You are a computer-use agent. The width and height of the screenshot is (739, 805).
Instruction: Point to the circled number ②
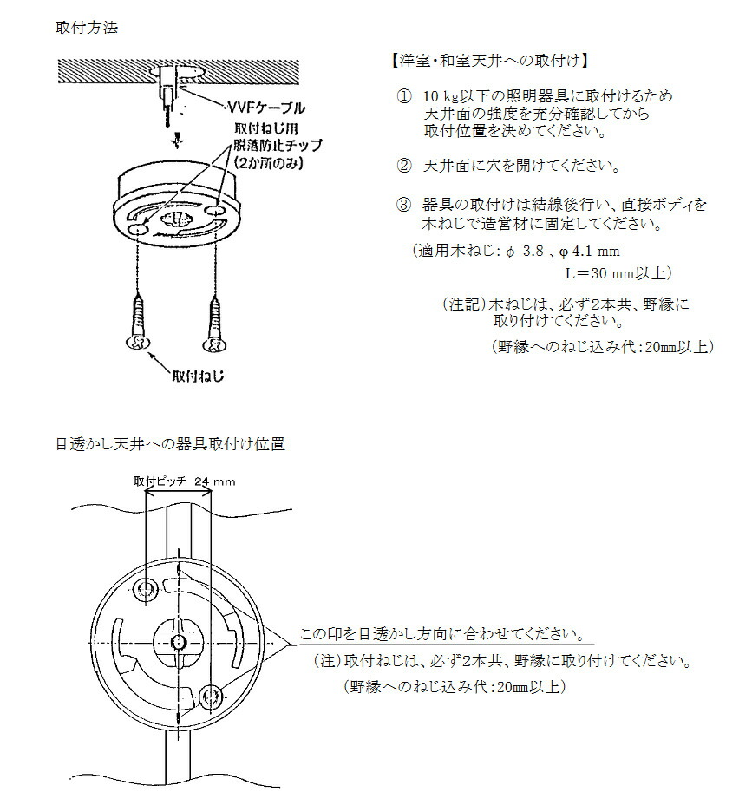(x=403, y=166)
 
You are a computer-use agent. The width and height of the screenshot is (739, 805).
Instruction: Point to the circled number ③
(x=403, y=206)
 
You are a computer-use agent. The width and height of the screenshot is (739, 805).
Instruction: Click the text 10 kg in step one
(x=440, y=95)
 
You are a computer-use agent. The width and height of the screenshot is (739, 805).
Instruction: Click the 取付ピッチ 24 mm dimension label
(x=184, y=481)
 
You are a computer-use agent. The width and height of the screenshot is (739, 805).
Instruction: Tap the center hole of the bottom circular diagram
(x=178, y=641)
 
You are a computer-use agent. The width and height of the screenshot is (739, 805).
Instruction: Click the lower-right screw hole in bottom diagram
(x=209, y=696)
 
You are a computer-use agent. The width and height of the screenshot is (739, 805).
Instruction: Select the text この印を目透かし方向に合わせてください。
(x=441, y=633)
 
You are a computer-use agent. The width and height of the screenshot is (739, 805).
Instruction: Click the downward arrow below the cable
(x=178, y=140)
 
